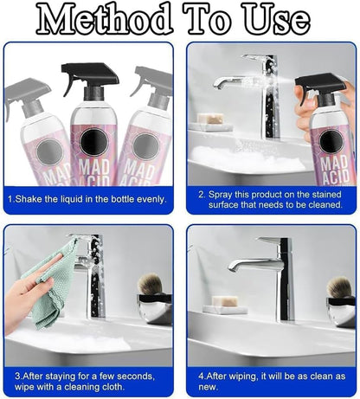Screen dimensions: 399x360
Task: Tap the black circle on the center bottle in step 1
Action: click(89, 138)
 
